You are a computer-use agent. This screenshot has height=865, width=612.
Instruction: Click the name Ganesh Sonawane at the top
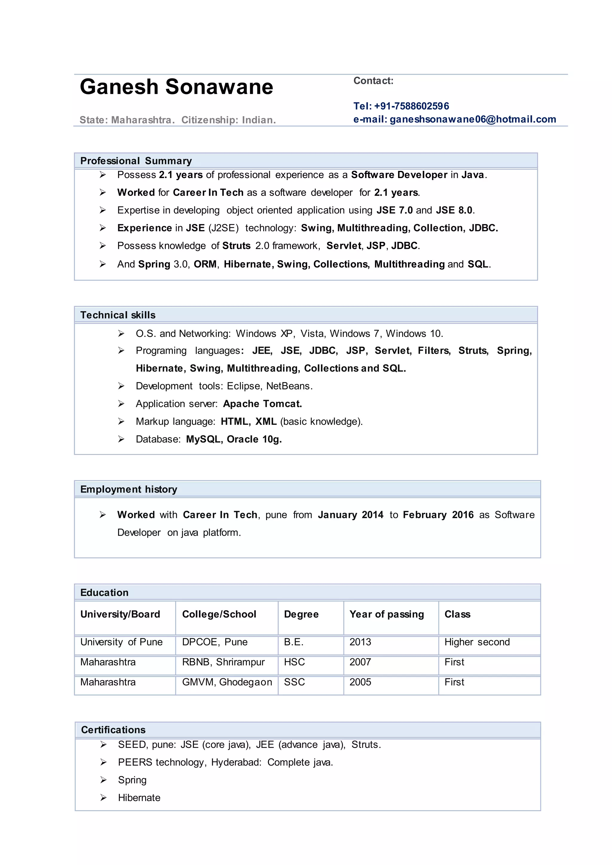[176, 87]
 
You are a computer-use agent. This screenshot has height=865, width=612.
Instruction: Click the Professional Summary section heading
[136, 161]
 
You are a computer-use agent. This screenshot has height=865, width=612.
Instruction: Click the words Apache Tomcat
[262, 404]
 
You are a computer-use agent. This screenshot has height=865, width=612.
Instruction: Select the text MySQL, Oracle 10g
[234, 439]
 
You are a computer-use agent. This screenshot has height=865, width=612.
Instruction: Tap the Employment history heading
[128, 489]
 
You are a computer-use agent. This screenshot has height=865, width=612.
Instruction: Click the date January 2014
[351, 515]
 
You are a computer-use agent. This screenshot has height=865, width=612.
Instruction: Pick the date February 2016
[438, 515]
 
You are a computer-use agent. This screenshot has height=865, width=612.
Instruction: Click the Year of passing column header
[387, 614]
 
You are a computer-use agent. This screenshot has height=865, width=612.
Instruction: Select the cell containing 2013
[360, 642]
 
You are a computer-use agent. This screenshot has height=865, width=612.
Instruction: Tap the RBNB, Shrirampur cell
[223, 662]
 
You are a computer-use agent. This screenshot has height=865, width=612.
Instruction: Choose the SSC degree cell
[294, 682]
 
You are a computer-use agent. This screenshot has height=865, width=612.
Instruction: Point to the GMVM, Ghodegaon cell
[227, 682]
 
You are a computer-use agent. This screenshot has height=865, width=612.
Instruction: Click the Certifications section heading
[113, 730]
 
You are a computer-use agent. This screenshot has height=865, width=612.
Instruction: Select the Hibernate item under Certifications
[139, 798]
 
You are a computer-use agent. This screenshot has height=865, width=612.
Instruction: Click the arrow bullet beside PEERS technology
[104, 763]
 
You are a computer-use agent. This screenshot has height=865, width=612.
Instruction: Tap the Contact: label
[373, 81]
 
